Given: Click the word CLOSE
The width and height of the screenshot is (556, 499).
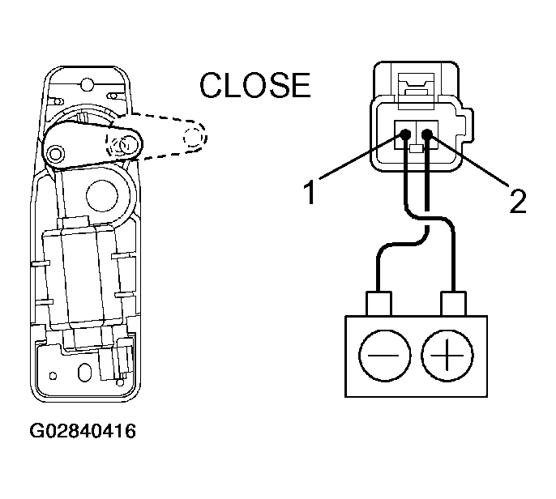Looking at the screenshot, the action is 255,85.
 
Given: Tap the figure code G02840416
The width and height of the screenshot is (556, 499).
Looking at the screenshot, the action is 83,431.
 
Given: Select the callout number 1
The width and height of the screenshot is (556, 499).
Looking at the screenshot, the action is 310,192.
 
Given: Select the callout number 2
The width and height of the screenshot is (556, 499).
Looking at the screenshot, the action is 517,201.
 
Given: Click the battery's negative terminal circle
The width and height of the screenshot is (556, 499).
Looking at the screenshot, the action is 385,356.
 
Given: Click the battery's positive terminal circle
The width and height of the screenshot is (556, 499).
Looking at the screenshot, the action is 447,356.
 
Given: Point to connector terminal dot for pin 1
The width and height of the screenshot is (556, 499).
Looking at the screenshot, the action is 405,134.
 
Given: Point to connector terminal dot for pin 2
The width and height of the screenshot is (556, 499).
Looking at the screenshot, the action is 427,134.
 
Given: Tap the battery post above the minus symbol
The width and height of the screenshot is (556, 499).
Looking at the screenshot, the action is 379,304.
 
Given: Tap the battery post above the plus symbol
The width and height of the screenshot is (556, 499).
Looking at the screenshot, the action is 453,304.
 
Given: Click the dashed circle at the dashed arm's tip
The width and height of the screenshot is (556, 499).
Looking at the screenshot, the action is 194,136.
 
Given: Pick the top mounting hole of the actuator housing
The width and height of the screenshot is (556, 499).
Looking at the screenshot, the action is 87,85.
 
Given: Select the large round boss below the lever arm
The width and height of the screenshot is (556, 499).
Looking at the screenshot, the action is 102,196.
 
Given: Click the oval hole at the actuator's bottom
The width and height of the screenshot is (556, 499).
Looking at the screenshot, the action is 85,373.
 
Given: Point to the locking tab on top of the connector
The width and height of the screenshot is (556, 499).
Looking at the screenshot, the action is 417,91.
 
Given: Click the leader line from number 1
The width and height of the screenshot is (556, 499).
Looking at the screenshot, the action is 361,156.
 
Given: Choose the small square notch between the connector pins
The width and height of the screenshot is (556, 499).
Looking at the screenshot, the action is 417,149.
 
